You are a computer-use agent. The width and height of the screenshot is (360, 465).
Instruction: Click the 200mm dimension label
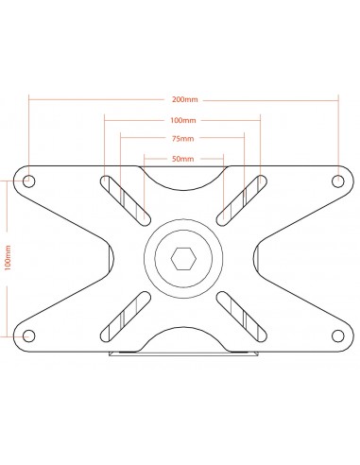tap(185, 99)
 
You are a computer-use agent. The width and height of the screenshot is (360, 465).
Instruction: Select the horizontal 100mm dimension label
tap(183, 120)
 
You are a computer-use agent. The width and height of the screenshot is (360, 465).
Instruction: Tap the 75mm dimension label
tap(183, 139)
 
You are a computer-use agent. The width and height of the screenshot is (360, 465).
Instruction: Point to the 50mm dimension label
tap(183, 159)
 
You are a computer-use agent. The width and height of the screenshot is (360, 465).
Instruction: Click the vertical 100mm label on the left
tap(8, 258)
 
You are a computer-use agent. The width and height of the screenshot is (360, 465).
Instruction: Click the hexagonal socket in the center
tap(183, 259)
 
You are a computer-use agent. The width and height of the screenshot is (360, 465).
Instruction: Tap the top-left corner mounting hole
tap(29, 181)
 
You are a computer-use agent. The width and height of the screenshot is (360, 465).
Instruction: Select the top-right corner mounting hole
tap(338, 181)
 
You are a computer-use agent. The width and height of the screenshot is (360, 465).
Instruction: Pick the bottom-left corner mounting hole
tap(29, 336)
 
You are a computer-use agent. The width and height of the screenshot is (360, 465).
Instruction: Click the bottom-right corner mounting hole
tap(338, 336)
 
